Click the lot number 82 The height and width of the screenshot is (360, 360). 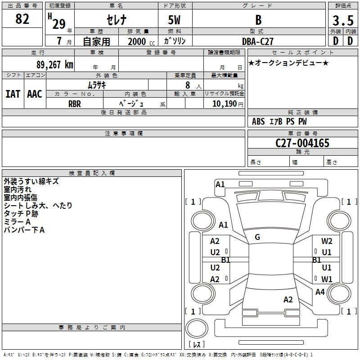22,19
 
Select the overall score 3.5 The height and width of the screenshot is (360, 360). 343,20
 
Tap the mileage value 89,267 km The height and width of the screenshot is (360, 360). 54,65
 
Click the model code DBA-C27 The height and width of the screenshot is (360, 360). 258,41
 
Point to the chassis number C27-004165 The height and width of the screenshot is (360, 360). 302,143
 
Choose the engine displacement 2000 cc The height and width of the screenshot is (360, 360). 141,42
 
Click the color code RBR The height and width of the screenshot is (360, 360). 75,104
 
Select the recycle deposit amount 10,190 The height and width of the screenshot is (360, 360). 225,104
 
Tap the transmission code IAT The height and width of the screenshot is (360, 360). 13,94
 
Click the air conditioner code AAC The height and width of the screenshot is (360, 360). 35,94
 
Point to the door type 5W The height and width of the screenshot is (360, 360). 174,20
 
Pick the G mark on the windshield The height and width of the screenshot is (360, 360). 257,237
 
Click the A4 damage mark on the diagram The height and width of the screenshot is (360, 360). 320,292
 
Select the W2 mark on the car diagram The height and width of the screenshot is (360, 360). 327,241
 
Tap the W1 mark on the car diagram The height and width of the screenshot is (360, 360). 327,279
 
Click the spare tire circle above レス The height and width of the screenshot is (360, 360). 197,328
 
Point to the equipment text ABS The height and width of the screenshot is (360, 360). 258,121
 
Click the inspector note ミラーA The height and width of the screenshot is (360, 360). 17,222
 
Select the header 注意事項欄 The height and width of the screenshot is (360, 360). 124,133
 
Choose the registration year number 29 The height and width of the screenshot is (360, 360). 59,24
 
